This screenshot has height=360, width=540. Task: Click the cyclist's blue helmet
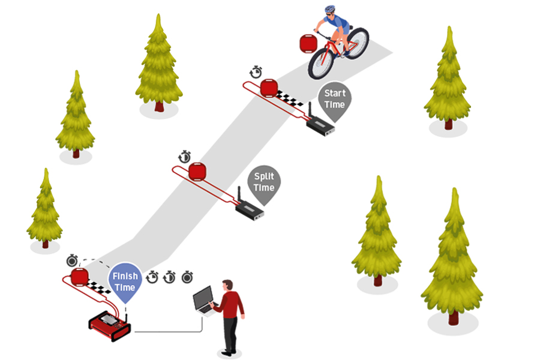[329, 9]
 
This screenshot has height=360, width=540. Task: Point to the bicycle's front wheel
[321, 64]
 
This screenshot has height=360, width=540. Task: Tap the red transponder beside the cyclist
[308, 44]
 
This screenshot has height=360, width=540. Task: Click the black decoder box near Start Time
[320, 127]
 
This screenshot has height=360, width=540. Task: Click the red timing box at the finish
[110, 326]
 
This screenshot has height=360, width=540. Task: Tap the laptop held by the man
[205, 301]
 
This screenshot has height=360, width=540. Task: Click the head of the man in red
[227, 285]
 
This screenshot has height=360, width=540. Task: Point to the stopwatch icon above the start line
[256, 72]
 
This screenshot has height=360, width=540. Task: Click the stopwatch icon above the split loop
[185, 157]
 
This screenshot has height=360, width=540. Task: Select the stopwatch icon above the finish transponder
[72, 261]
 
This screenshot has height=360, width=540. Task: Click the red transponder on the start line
[269, 88]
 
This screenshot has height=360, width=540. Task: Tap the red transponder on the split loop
[197, 172]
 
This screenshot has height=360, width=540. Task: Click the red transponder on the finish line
[80, 277]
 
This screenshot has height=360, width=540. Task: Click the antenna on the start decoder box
[310, 110]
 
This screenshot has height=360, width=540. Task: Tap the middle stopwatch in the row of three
[169, 277]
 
